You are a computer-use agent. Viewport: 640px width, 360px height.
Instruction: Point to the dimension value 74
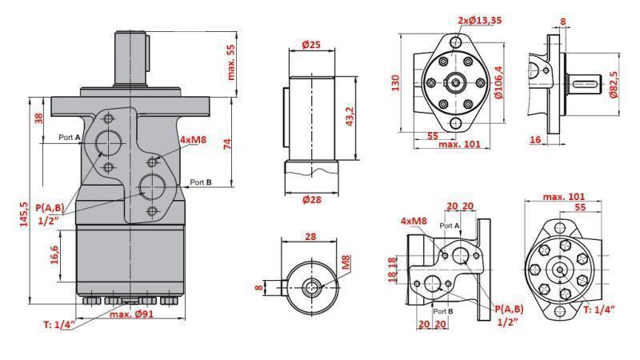[x=227, y=143]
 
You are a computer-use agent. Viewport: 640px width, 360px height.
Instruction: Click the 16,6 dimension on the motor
[x=54, y=255]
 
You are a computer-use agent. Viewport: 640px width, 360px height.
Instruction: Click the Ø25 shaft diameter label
[x=312, y=46]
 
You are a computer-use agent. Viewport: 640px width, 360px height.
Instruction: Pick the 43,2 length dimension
[x=350, y=114]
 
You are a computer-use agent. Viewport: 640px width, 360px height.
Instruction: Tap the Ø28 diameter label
[x=312, y=199]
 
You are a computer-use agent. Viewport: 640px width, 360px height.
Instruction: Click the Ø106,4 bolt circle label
[x=499, y=82]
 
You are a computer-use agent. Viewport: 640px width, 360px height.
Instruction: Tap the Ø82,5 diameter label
[x=614, y=82]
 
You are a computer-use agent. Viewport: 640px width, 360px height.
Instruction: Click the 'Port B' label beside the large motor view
[x=201, y=182]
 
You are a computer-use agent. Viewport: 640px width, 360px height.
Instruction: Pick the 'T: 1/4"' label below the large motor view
[x=57, y=324]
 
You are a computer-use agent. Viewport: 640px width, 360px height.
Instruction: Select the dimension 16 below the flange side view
[x=536, y=139]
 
